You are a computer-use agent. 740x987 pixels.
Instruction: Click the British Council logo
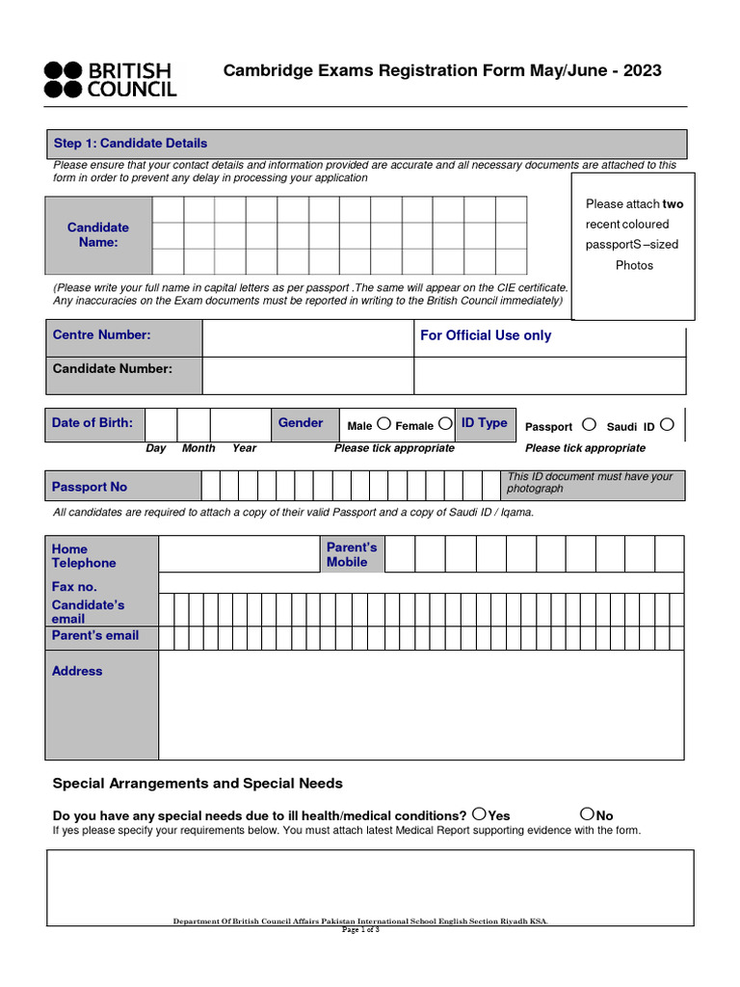[110, 79]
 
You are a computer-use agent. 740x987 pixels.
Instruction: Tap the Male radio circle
[383, 423]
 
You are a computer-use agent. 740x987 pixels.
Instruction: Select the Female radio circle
[444, 423]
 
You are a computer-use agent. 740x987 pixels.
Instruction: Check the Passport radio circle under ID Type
[589, 424]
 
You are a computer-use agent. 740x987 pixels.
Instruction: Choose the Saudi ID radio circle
[667, 424]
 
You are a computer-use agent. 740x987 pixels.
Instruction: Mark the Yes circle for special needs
[479, 814]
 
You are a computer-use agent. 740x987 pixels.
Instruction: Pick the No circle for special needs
[588, 814]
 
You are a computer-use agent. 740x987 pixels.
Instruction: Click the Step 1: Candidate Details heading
[130, 144]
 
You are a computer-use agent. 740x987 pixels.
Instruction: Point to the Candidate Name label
[98, 235]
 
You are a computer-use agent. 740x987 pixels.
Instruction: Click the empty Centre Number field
[307, 337]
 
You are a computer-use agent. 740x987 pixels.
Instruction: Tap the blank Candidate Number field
[307, 375]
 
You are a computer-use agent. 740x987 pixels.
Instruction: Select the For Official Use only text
[486, 335]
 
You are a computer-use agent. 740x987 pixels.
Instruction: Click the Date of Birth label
[92, 423]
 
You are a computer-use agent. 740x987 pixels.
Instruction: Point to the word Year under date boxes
[244, 448]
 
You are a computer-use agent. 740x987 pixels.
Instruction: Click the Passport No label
[90, 487]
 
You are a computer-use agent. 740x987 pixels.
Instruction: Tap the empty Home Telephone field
[240, 554]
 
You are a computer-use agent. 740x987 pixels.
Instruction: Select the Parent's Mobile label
[352, 554]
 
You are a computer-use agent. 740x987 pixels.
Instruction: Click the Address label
[77, 671]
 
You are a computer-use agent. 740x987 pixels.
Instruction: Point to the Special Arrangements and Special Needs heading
[198, 784]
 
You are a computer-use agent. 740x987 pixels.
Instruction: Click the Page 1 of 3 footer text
[361, 930]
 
